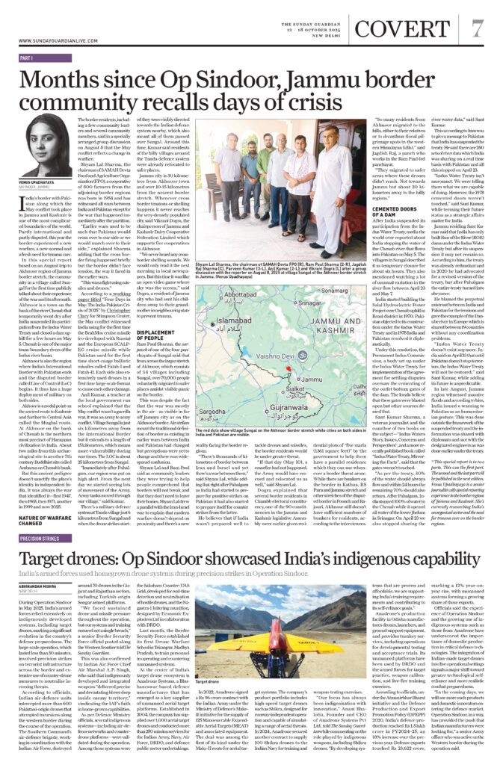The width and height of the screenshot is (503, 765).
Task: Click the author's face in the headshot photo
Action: click(x=41, y=132)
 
